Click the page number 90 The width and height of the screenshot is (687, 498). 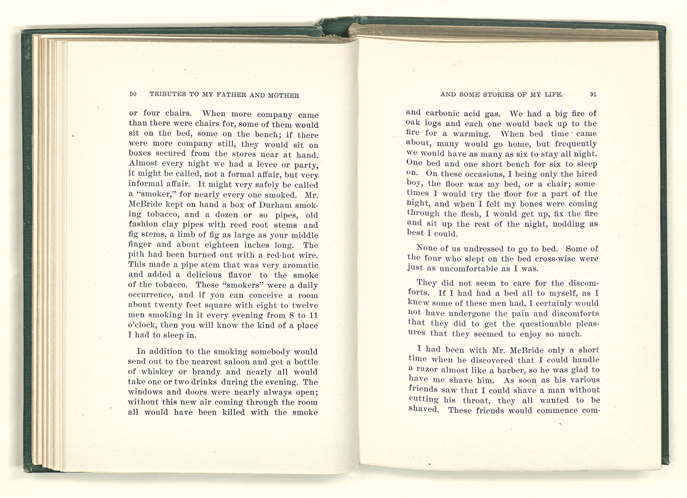133,95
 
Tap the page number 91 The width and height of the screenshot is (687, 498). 593,95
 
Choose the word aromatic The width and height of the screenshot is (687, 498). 299,265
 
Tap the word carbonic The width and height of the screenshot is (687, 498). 441,113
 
